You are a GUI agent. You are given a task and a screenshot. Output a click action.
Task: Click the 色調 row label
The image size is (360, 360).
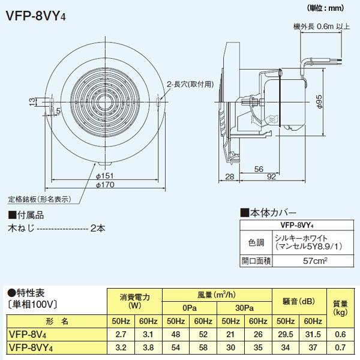pos(256,242)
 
